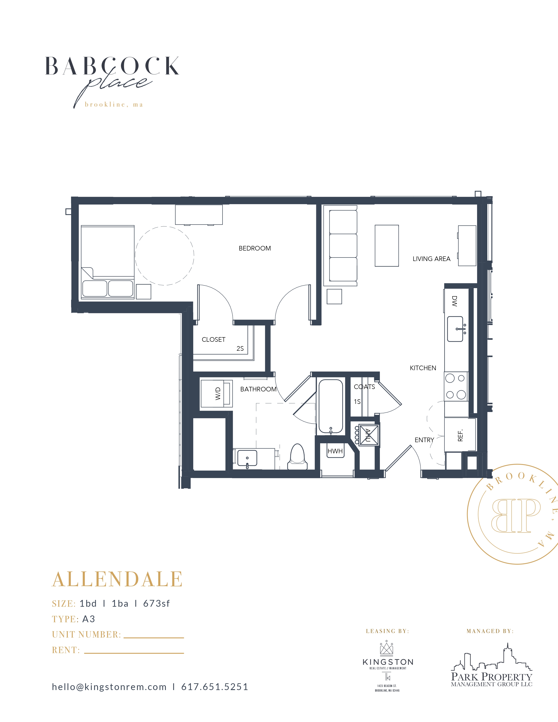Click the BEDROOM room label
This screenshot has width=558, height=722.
[254, 248]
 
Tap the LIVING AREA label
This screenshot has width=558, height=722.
[431, 259]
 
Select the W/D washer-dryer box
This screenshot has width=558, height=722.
[216, 393]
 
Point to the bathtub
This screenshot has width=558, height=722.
[331, 407]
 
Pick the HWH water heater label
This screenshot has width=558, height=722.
[335, 451]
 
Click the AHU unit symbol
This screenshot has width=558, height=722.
[368, 435]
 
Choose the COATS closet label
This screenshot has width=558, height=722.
[364, 387]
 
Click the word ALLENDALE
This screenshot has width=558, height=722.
[117, 580]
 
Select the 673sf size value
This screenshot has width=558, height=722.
[156, 604]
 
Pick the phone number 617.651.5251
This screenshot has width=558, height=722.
[214, 687]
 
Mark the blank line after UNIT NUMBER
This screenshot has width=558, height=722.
[154, 638]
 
